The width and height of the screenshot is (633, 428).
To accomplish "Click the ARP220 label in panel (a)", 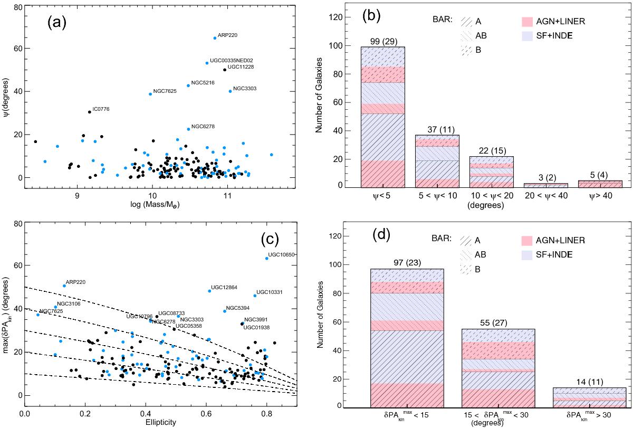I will coord(227,35).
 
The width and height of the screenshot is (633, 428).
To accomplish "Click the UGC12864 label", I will coord(225,287).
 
